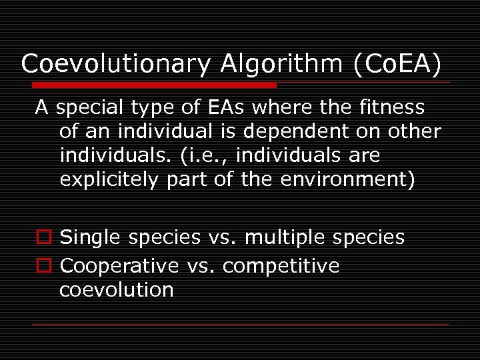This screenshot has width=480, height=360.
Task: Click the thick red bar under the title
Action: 153,85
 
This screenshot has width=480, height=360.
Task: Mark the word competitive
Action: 281,266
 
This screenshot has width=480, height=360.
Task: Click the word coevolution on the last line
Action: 117,290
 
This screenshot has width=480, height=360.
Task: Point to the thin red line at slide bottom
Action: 240,324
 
